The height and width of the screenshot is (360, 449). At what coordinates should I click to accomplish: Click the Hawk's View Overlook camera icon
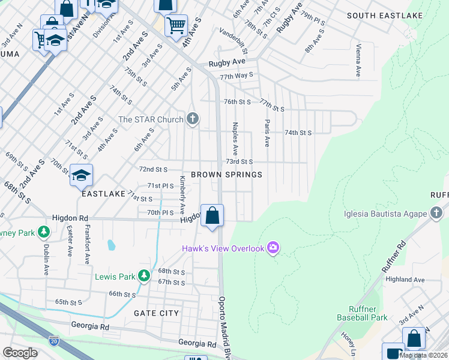274,247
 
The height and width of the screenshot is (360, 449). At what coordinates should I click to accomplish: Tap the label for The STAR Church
151,119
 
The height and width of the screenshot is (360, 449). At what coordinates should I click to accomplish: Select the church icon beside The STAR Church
193,119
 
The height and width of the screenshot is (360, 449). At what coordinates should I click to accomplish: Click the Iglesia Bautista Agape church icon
436,213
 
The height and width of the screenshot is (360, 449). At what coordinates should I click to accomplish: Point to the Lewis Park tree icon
143,276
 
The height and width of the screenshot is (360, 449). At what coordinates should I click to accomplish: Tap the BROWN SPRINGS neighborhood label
226,175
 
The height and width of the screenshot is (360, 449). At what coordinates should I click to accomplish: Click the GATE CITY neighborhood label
156,313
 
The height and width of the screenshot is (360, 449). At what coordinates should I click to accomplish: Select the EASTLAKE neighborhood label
104,194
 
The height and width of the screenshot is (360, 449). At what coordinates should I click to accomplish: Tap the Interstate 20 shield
54,341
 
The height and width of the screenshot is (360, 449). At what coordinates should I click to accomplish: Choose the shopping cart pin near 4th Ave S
176,26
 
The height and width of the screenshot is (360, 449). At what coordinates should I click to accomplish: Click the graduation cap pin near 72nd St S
82,175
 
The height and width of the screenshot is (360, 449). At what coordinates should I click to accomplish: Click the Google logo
20,353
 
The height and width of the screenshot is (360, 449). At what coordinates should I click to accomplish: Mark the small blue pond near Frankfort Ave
112,245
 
